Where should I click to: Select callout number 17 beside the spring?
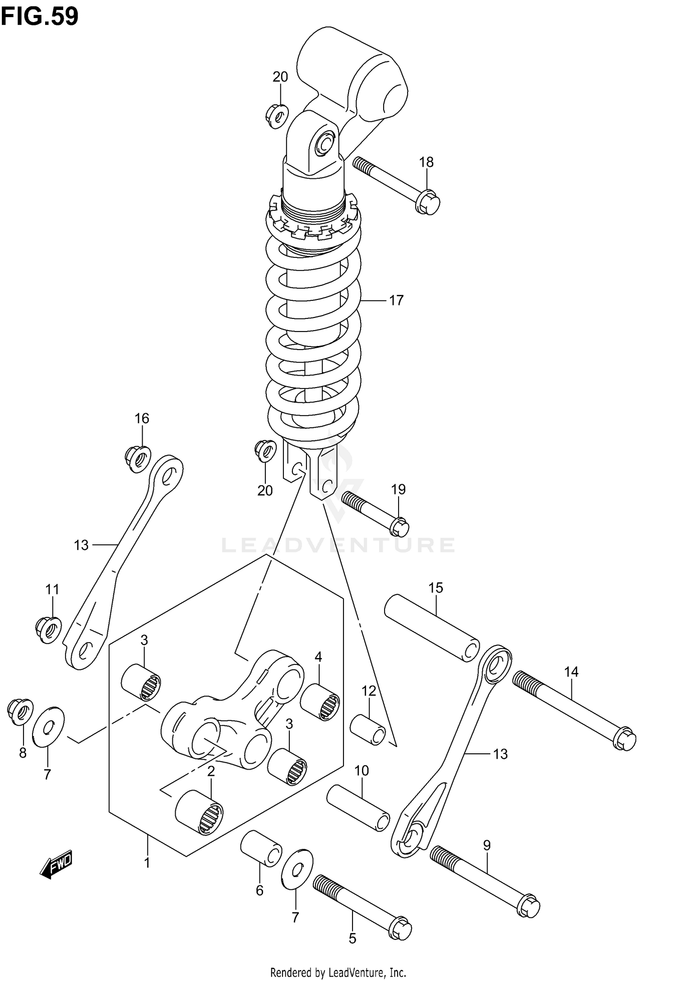coord(396,300)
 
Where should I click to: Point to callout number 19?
coord(398,490)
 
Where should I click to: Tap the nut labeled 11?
coord(48,628)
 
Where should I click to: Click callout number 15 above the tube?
coord(436,588)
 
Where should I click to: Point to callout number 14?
coord(571,672)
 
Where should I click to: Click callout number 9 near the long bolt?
coord(487,845)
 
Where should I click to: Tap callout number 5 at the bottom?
coord(352,939)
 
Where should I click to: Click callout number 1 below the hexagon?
coord(147,863)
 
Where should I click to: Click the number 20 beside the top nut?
coord(280,77)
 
